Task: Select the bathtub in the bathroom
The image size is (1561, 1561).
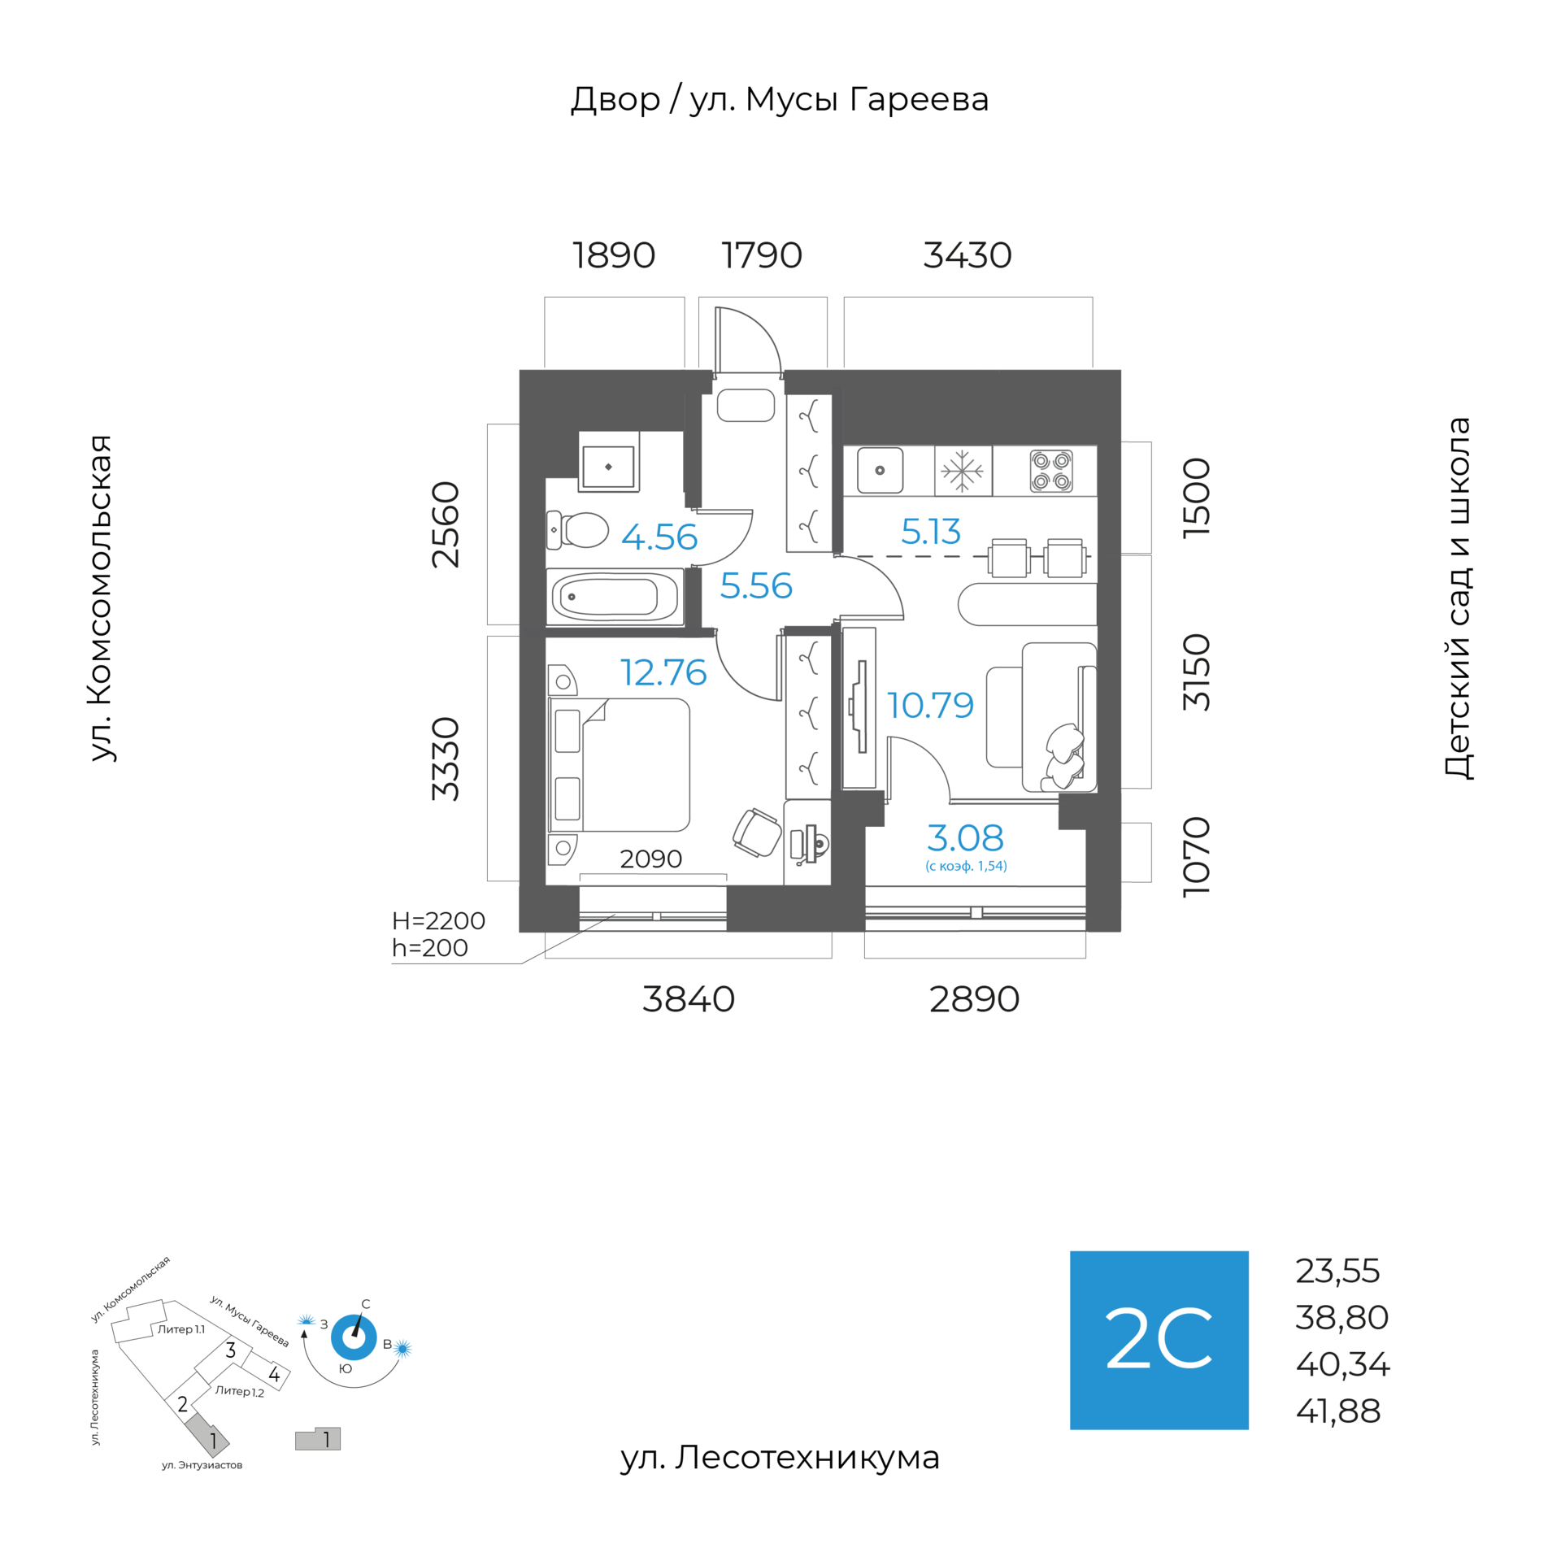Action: [614, 597]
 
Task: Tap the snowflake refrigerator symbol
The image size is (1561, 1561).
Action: [963, 471]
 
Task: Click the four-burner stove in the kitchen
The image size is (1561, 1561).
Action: [1050, 471]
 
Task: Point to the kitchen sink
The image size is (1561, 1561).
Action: [880, 470]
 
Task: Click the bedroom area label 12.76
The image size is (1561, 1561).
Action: [663, 672]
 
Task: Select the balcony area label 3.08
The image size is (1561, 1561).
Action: [965, 837]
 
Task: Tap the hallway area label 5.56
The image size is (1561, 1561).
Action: [756, 585]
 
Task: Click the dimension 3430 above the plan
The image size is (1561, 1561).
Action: [967, 255]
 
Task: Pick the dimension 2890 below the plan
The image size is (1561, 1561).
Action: [974, 999]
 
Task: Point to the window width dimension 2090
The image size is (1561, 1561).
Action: [651, 859]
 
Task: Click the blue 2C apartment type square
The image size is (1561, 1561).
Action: [1159, 1341]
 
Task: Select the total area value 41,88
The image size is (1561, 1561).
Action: [1338, 1411]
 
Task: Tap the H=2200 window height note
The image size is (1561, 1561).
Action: [438, 920]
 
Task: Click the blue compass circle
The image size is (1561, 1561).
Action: [354, 1337]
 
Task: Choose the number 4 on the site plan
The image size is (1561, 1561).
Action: [275, 1375]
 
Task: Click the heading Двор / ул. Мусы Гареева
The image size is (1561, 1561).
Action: [780, 100]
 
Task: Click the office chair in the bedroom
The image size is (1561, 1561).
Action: [757, 832]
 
